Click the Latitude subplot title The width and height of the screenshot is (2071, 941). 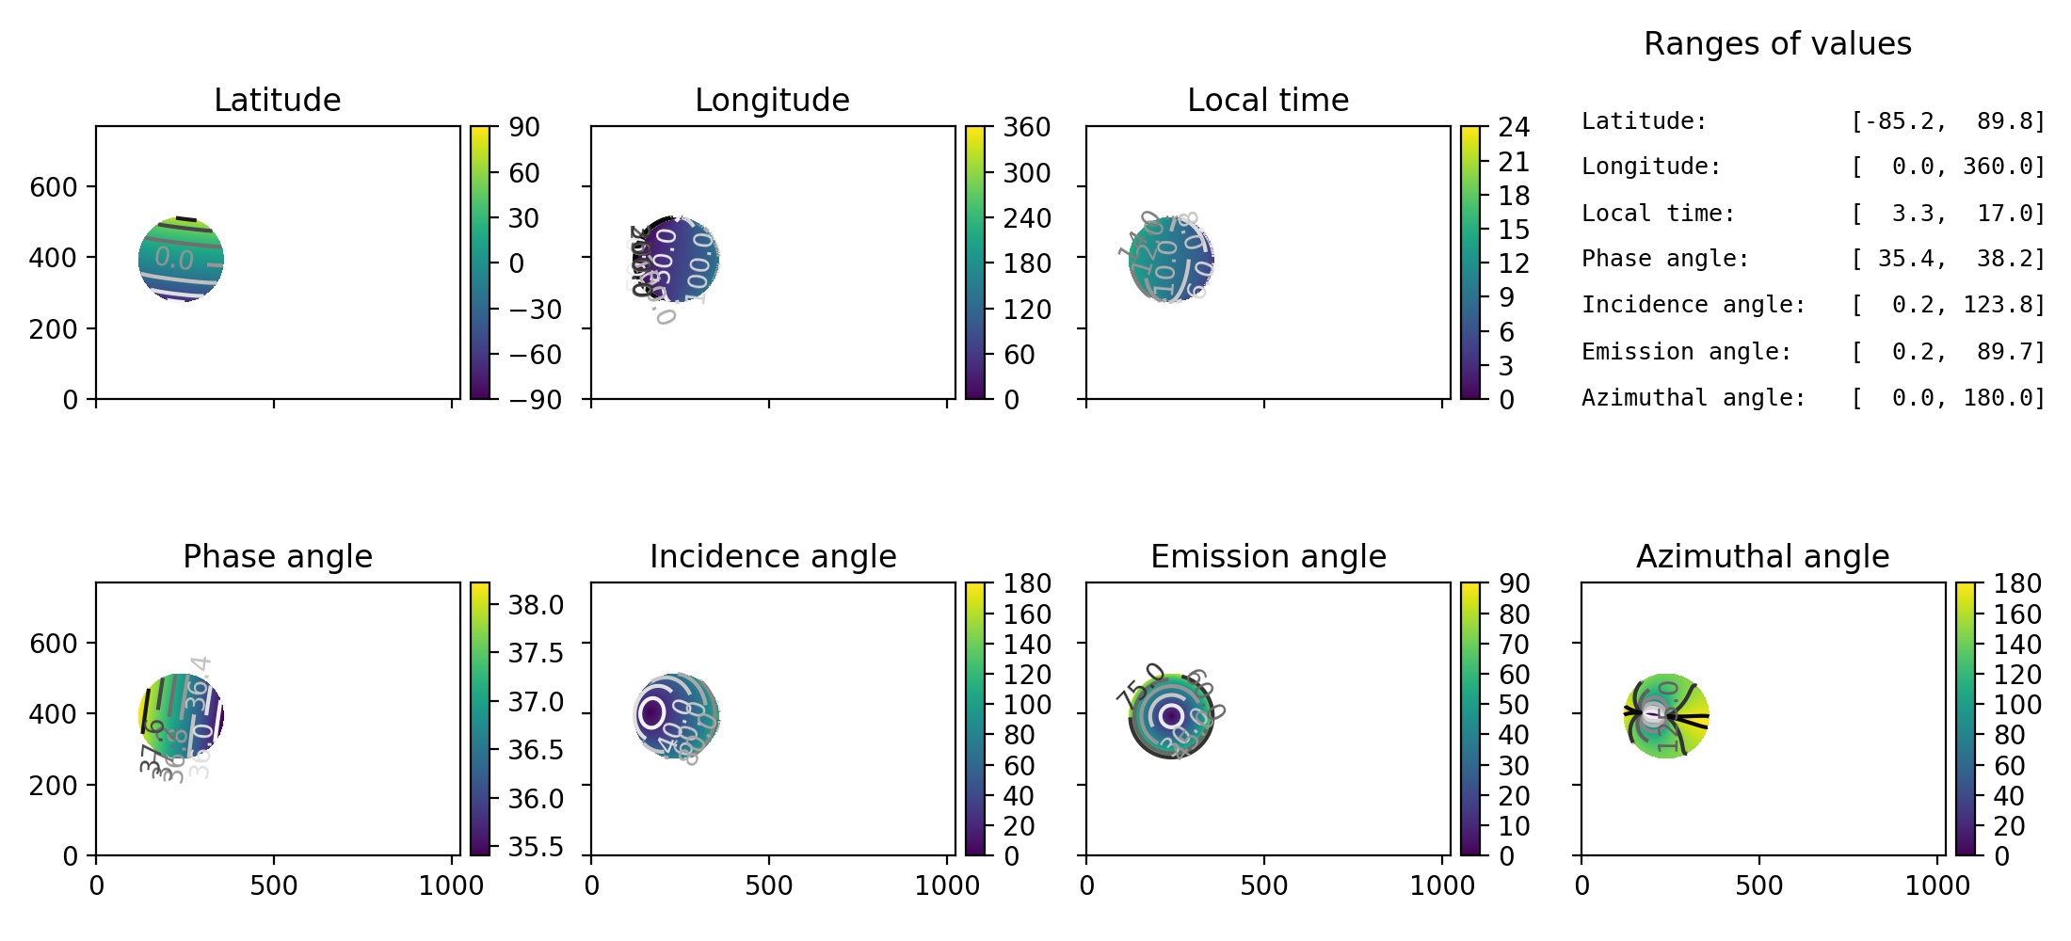coord(277,100)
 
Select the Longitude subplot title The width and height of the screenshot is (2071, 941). coord(772,100)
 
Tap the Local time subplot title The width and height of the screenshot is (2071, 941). coord(1268,100)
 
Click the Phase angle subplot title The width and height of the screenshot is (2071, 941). coord(277,556)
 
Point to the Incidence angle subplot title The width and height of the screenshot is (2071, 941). coord(772,556)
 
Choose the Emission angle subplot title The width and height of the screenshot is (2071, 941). coord(1268,556)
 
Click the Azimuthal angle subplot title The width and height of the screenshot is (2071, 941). coord(1762,556)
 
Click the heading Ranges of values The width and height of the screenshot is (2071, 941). coord(1777,43)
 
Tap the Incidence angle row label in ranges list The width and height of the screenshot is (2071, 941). coord(1693,305)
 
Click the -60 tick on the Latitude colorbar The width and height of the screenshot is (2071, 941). coord(535,355)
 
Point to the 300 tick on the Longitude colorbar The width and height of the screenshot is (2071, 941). coord(1027,173)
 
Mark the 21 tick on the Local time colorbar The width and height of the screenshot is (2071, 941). coord(1514,162)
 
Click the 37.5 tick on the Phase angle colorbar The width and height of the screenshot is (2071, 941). coord(536,653)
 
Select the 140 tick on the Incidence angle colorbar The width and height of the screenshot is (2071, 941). coord(1027,645)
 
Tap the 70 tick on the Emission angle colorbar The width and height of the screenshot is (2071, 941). coord(1514,645)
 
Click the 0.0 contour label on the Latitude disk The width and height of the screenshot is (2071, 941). coord(174,258)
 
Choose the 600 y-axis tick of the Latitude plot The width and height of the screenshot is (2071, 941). coord(54,187)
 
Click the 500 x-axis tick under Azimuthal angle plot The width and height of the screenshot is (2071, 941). coord(1758,885)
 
